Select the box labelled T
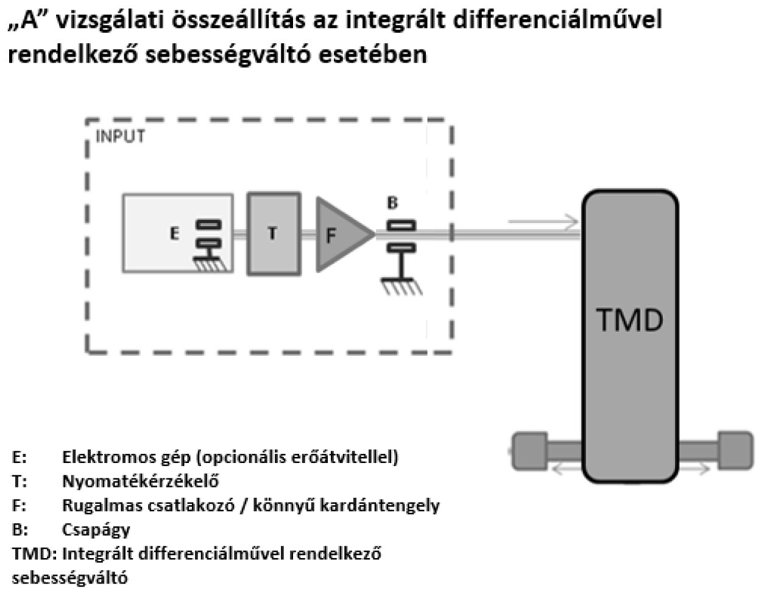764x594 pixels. tap(274, 233)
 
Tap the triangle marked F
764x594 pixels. tap(339, 233)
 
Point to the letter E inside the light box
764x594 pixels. tap(175, 233)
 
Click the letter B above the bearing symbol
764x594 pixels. tap(393, 203)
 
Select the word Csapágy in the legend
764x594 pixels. tap(96, 529)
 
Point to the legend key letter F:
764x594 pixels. tap(19, 505)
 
